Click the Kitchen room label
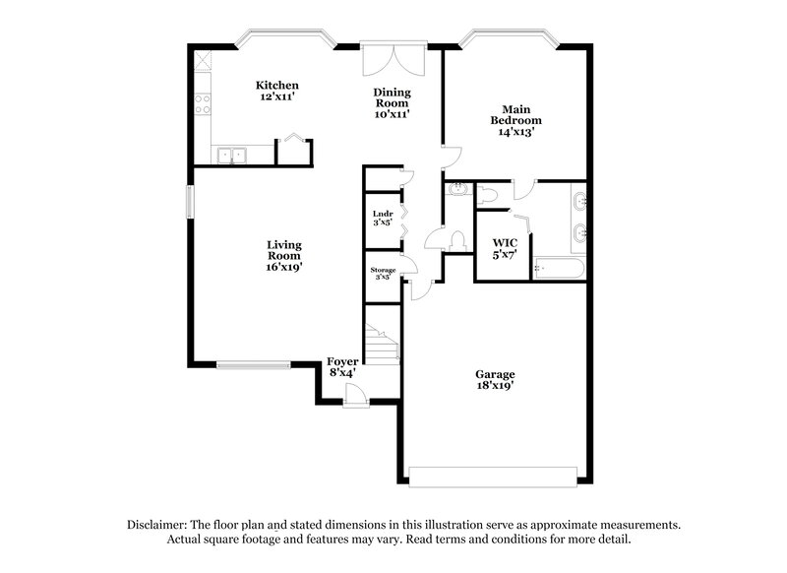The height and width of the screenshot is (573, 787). [x=276, y=86]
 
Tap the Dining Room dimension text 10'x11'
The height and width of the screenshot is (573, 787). [x=391, y=114]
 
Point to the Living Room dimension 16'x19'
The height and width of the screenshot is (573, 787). [x=283, y=266]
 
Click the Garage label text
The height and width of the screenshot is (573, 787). [x=495, y=374]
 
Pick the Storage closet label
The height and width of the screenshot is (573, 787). [x=383, y=269]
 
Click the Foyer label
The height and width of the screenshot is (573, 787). [x=342, y=362]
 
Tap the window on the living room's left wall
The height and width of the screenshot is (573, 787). [x=193, y=199]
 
